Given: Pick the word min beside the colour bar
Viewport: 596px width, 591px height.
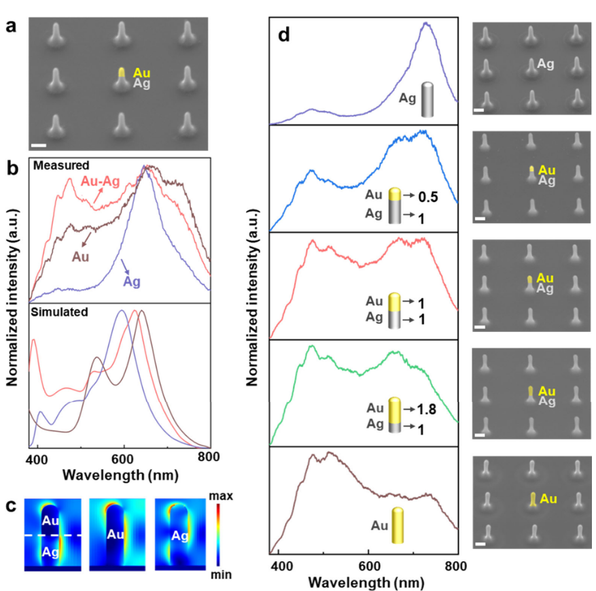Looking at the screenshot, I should [x=222, y=575].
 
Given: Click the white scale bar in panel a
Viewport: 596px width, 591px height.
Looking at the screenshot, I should [x=39, y=145].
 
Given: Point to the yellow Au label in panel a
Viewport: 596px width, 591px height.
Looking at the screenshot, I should [x=142, y=72].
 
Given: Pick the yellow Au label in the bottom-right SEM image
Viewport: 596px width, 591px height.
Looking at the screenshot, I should [x=549, y=501].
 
